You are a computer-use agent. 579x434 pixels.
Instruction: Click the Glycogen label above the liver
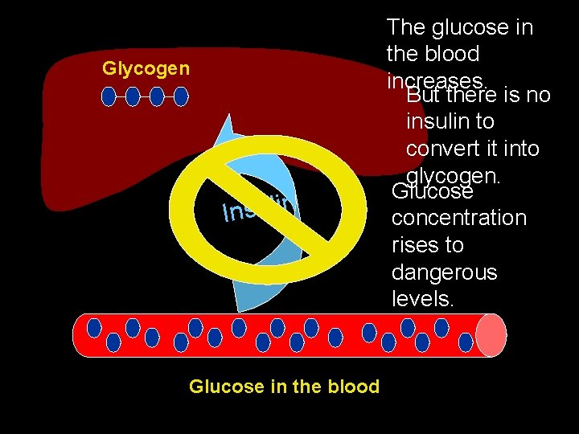click(146, 68)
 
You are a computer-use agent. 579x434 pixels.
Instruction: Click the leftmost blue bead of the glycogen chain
click(109, 97)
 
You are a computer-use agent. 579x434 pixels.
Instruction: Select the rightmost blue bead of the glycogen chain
click(181, 97)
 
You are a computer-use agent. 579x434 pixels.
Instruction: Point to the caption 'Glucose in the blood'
click(284, 387)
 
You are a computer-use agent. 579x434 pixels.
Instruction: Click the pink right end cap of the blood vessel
click(491, 334)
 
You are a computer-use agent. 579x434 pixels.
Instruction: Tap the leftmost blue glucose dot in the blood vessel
click(94, 328)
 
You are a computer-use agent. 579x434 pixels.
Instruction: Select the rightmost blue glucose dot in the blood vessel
click(465, 342)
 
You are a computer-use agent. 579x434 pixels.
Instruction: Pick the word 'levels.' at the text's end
click(422, 300)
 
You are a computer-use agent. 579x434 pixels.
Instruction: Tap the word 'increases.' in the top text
click(437, 81)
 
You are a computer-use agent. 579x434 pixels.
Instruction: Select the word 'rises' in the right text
click(417, 245)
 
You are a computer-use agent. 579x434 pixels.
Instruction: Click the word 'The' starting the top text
click(404, 27)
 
